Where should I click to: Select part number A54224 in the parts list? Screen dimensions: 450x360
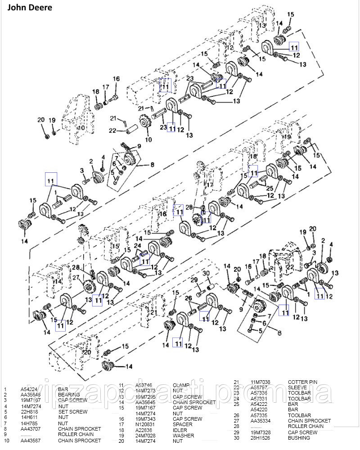click(30, 389)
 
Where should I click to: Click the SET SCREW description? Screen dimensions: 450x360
click(72, 412)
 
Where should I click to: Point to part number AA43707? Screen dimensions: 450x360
click(32, 429)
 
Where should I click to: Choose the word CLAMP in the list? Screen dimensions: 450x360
click(182, 385)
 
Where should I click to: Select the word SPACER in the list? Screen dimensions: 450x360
click(183, 424)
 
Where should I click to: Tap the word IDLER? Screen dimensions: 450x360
click(180, 430)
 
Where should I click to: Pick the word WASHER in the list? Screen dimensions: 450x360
click(184, 435)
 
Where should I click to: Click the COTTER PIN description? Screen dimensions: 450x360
click(302, 382)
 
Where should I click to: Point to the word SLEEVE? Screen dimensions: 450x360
click(297, 387)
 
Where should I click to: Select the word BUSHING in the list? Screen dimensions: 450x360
click(299, 438)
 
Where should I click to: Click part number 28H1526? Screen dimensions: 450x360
click(260, 438)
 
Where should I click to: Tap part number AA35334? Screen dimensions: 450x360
click(260, 421)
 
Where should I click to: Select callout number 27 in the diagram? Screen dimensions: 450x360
click(76, 277)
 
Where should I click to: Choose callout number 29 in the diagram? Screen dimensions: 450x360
click(194, 280)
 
